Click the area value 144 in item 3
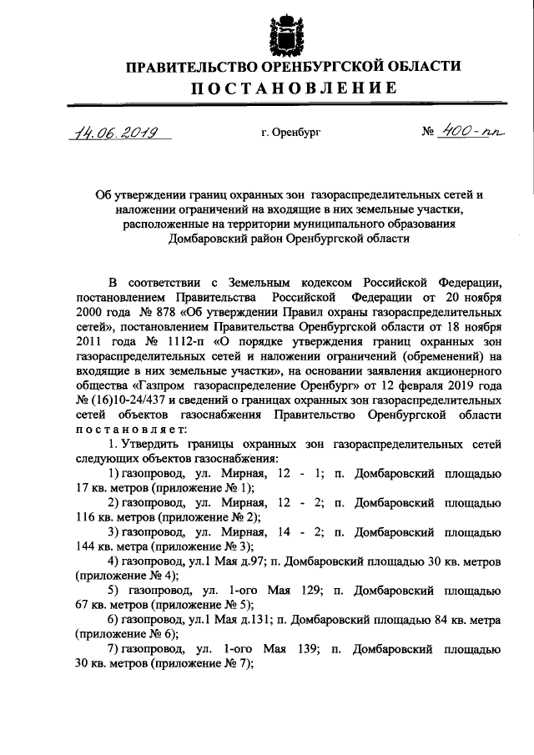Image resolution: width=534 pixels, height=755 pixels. (84, 545)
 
